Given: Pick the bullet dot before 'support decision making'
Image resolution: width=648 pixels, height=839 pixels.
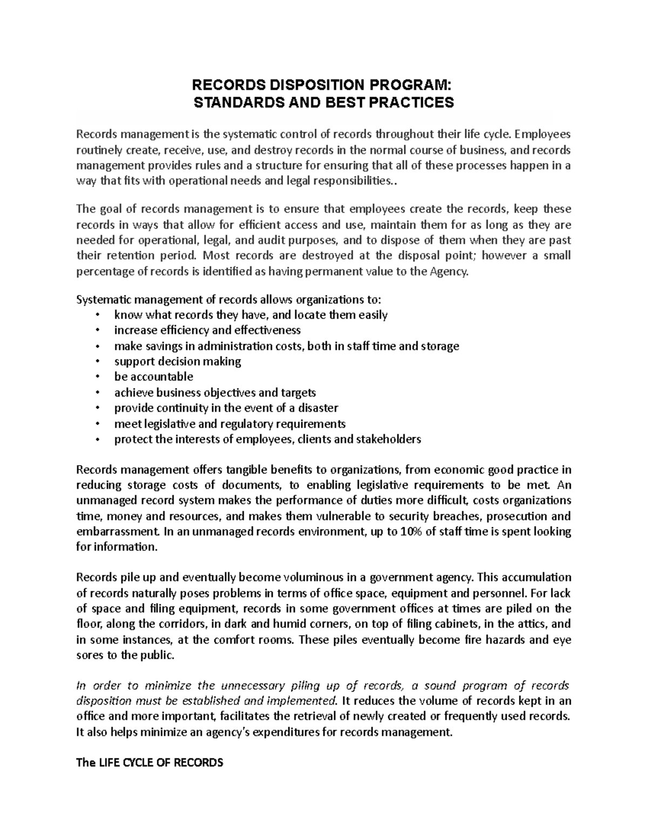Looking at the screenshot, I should pos(97,361).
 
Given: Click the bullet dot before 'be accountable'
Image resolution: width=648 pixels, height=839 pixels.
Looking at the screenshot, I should pos(97,377).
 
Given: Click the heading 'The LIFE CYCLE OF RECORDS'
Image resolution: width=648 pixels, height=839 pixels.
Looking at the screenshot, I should pos(150,763).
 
